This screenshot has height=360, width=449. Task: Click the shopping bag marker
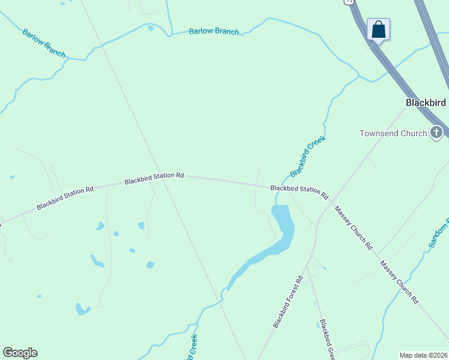pyautogui.click(x=378, y=29)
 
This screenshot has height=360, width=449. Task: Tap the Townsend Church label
pyautogui.click(x=393, y=133)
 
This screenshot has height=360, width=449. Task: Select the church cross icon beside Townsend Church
pyautogui.click(x=436, y=132)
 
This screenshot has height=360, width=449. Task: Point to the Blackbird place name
pyautogui.click(x=426, y=103)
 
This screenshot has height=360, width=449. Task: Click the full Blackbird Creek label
pyautogui.click(x=307, y=157)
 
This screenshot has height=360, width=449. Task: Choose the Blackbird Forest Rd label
pyautogui.click(x=289, y=302)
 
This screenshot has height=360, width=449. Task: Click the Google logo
pyautogui.click(x=20, y=353)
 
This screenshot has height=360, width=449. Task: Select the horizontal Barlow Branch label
pyautogui.click(x=214, y=31)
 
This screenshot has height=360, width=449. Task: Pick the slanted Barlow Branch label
pyautogui.click(x=44, y=43)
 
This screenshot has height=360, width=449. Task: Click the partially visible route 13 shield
pyautogui.click(x=349, y=2)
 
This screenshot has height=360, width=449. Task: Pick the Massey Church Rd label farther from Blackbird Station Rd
pyautogui.click(x=399, y=282)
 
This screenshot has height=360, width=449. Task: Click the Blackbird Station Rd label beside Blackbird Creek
pyautogui.click(x=300, y=191)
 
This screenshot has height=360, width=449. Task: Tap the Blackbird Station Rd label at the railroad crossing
pyautogui.click(x=154, y=178)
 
